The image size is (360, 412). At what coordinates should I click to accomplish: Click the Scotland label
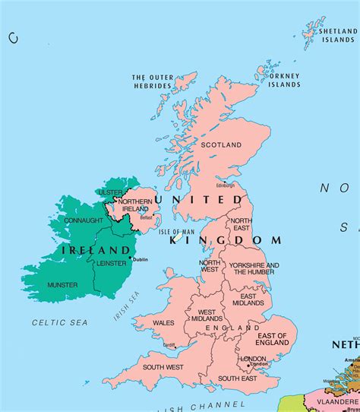pyautogui.click(x=221, y=144)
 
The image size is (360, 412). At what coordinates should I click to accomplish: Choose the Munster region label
pyautogui.click(x=62, y=284)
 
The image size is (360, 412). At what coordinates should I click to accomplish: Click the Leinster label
pyautogui.click(x=110, y=265)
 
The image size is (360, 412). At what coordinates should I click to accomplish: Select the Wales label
pyautogui.click(x=163, y=322)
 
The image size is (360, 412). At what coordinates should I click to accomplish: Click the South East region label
pyautogui.click(x=238, y=378)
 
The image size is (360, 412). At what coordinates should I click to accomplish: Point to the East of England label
pyautogui.click(x=272, y=340)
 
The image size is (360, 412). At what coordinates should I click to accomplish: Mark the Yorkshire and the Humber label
pyautogui.click(x=254, y=269)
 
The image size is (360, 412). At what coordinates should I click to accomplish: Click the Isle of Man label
pyautogui.click(x=177, y=231)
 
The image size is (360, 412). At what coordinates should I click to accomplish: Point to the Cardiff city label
pyautogui.click(x=169, y=344)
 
